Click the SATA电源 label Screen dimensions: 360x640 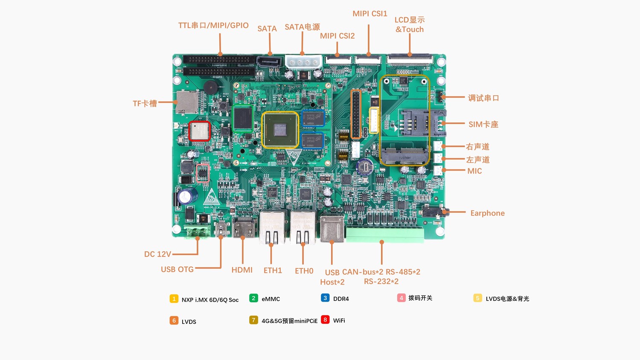[x=302, y=27]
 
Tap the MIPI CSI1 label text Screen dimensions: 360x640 [x=369, y=14]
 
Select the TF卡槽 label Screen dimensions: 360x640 [x=145, y=103]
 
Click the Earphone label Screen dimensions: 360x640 [x=487, y=213]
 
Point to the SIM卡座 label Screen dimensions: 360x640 [x=483, y=124]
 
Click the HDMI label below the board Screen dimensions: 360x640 [x=242, y=270]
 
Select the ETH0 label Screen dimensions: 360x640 [x=304, y=270]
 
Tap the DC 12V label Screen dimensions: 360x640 [x=157, y=254]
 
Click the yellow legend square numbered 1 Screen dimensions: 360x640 [x=174, y=299]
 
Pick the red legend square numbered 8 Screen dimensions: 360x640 [x=325, y=319]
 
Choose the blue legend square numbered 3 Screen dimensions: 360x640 [x=325, y=298]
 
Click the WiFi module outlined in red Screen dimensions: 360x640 [x=200, y=131]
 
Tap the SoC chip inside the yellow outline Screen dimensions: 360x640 [x=280, y=130]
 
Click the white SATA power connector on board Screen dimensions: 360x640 [x=303, y=62]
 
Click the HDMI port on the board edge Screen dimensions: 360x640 [x=243, y=228]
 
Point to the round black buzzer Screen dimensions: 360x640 [x=210, y=87]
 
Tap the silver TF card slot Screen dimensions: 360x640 [x=186, y=102]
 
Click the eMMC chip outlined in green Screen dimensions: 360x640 [x=243, y=118]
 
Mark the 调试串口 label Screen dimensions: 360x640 [x=483, y=98]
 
